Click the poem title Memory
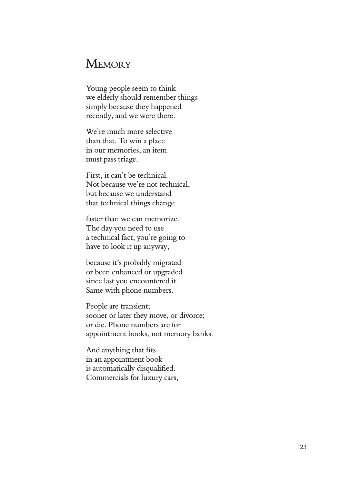[108, 64]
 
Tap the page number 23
[303, 447]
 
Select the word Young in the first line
[96, 89]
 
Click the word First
[93, 175]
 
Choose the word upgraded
[168, 272]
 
